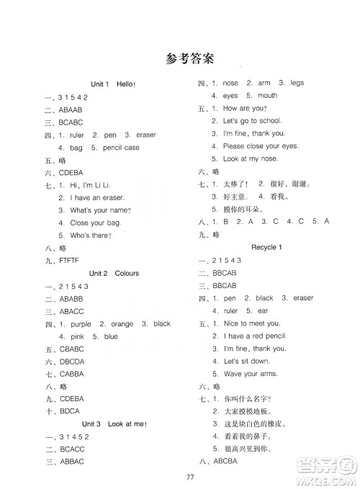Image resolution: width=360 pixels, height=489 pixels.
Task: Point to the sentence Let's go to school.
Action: click(252, 121)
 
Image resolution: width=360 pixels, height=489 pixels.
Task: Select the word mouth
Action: click(267, 96)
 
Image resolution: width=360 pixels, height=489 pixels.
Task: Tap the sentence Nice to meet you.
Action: click(252, 324)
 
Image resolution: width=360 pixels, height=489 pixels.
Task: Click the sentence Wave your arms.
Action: click(251, 373)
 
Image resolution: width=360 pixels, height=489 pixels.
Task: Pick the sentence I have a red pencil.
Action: click(256, 336)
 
